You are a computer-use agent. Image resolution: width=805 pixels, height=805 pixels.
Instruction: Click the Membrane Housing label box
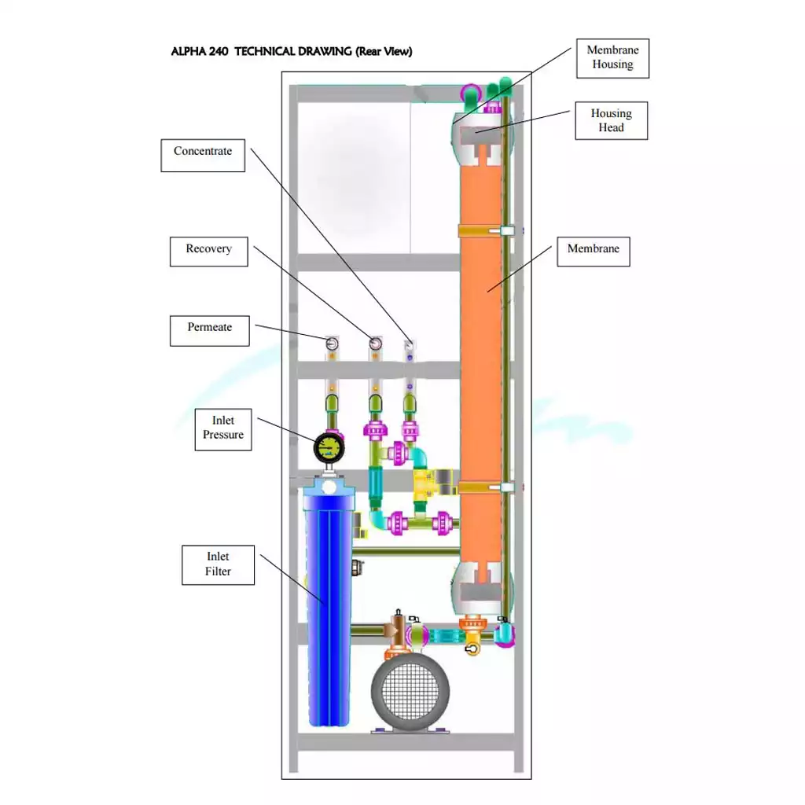click(x=612, y=58)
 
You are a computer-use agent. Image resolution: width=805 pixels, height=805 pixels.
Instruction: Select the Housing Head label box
click(x=611, y=120)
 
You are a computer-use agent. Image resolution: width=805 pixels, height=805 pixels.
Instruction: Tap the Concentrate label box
click(x=203, y=156)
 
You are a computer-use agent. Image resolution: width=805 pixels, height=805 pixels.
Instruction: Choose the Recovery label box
click(x=209, y=252)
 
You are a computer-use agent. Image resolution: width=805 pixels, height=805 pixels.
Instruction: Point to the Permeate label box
click(x=209, y=331)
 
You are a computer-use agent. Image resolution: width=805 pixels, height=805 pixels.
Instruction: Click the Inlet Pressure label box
click(x=223, y=430)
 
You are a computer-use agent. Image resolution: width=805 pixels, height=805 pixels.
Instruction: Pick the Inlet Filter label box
click(x=219, y=564)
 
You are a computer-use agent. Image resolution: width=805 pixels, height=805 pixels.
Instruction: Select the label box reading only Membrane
click(x=594, y=252)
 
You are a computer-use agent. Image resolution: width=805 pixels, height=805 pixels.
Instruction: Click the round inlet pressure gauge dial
click(x=329, y=447)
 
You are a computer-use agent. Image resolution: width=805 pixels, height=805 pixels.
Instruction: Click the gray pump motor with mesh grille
click(x=410, y=692)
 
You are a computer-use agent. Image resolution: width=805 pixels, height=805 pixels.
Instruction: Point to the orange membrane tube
click(x=480, y=359)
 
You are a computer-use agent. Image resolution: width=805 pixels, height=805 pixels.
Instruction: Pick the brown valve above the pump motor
click(x=397, y=630)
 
